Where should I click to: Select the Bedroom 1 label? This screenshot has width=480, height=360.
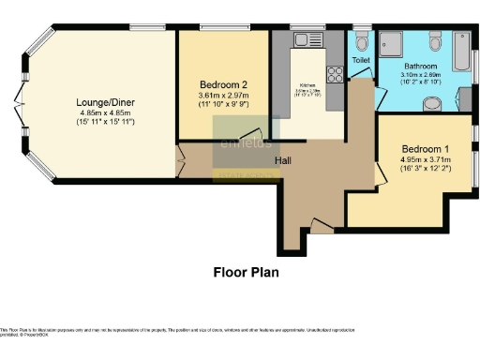coord(425,149)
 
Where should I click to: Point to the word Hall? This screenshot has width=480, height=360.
coord(283,160)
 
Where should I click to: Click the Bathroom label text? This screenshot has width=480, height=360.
coord(424,67)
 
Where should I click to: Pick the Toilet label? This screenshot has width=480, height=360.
coord(361,59)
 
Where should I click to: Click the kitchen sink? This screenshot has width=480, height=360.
coord(306,40)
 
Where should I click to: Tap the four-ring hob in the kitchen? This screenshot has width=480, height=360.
coord(334,74)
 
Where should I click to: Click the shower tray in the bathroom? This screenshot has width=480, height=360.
coord(394,43)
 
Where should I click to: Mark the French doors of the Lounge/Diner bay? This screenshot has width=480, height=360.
coord(19,104)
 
